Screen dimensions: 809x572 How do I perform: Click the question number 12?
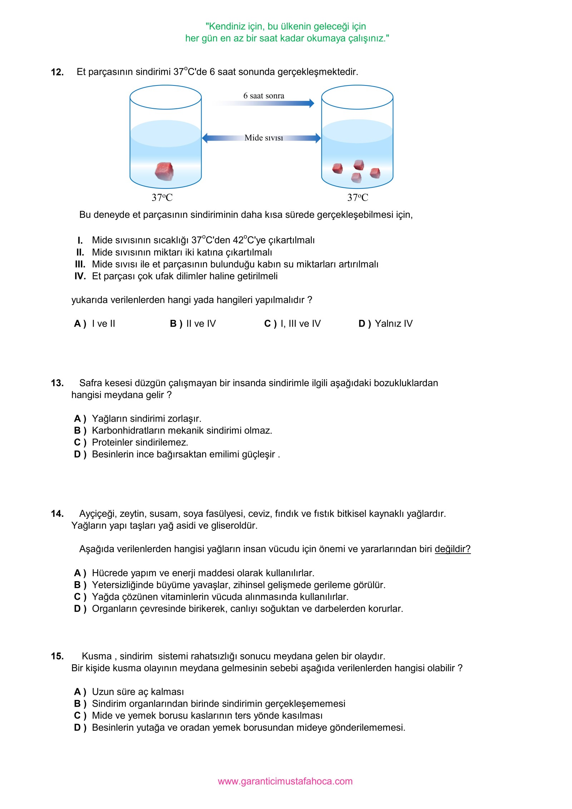click(x=57, y=72)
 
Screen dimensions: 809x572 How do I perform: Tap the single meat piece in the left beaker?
click(x=164, y=171)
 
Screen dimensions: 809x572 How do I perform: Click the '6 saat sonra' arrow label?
click(x=264, y=96)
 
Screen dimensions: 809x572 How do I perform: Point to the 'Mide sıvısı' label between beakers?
click(x=264, y=138)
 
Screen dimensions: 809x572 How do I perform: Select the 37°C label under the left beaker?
click(x=162, y=197)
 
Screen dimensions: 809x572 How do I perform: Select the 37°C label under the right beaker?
click(x=357, y=197)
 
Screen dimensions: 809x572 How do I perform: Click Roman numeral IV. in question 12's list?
click(x=80, y=276)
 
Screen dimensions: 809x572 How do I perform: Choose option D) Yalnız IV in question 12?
click(x=385, y=324)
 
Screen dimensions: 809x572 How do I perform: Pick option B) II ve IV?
click(x=193, y=324)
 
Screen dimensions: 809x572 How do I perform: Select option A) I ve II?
click(x=95, y=324)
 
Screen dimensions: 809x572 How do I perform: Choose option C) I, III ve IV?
click(x=292, y=324)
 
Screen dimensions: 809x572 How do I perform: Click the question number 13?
click(x=57, y=383)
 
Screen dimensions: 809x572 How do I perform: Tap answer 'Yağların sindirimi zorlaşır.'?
click(x=147, y=418)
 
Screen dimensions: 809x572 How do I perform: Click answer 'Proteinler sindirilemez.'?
click(x=140, y=442)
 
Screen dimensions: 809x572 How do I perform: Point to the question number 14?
click(x=57, y=514)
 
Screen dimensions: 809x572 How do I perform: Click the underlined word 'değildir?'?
click(x=453, y=549)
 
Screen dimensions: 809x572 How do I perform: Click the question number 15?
click(x=57, y=656)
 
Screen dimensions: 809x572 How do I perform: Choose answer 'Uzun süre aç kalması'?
click(x=138, y=692)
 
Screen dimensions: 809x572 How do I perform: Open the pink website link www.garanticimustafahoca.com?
click(x=285, y=781)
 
